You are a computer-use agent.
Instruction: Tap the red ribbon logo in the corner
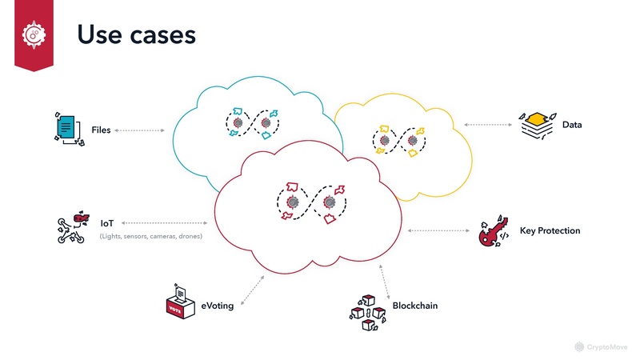(33, 34)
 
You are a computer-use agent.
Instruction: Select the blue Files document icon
(68, 127)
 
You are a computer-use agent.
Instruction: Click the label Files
(101, 130)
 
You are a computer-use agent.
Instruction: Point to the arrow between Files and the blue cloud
(140, 130)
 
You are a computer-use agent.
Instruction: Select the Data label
(572, 126)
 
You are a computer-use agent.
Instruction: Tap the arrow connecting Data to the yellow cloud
(488, 126)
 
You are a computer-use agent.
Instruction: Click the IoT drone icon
(73, 227)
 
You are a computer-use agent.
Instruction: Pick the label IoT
(107, 223)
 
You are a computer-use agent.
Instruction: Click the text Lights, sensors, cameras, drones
(150, 237)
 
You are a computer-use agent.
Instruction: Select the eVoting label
(217, 306)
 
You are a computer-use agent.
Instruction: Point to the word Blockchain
(414, 306)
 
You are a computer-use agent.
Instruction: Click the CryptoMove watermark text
(609, 347)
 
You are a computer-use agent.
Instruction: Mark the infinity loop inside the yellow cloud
(398, 140)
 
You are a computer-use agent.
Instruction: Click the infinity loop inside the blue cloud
(252, 122)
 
